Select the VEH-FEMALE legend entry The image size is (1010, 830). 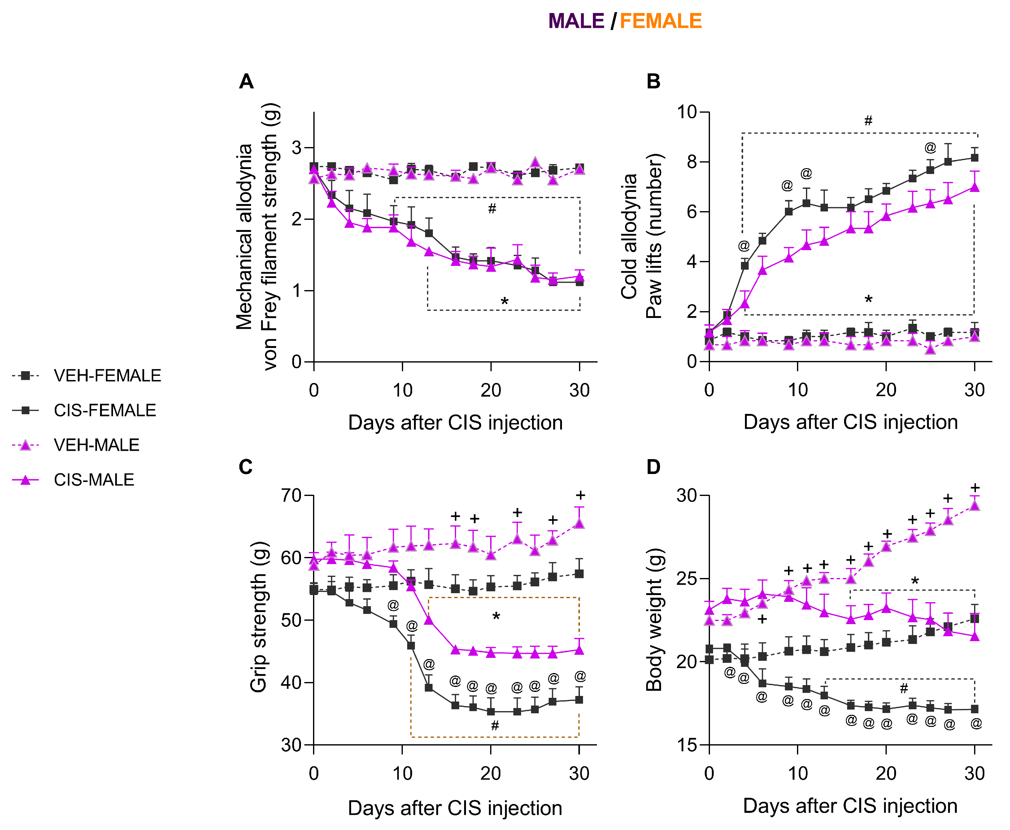(107, 376)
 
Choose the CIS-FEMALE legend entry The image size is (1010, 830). (105, 410)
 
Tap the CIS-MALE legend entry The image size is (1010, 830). (94, 480)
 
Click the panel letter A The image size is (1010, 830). (246, 82)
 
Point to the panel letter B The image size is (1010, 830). (653, 82)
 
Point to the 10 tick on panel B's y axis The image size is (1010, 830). (687, 112)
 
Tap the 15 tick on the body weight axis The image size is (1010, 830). (687, 745)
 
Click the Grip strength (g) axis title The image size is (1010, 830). (258, 617)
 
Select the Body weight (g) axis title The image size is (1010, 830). (654, 619)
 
